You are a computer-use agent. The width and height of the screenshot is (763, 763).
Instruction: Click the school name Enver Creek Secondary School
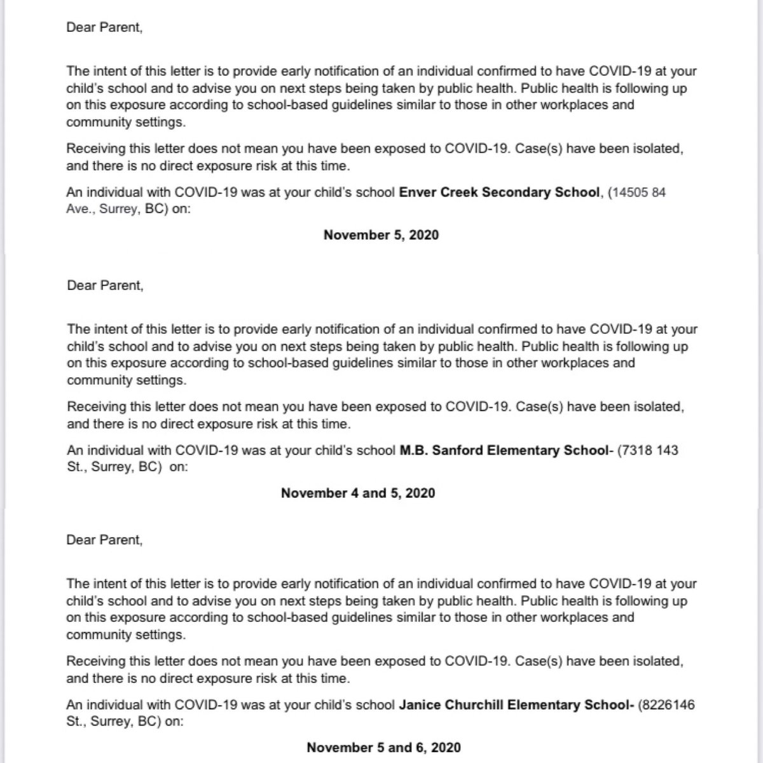coord(499,192)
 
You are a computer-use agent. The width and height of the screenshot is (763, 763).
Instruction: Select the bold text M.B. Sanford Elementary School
coord(504,450)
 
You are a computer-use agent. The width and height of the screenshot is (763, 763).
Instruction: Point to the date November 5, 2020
coord(381,235)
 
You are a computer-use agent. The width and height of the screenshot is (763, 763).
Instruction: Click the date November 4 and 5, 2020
coord(358,493)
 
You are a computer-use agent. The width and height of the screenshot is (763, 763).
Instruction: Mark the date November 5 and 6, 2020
coord(383,747)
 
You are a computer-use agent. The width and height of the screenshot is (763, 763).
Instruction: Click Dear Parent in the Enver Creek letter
coord(104,28)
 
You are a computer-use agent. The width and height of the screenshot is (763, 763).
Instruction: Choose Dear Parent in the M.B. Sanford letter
coord(105,285)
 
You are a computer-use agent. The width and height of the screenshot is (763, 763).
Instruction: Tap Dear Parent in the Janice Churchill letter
coord(104,540)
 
